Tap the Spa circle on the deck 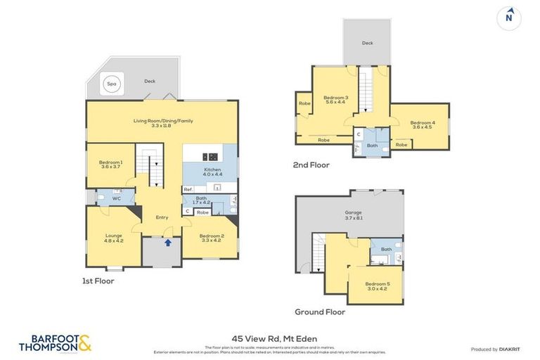[x=111, y=84]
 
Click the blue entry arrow [x=167, y=243]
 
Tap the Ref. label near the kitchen [x=188, y=190]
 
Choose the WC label [x=117, y=199]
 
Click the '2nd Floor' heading [x=311, y=165]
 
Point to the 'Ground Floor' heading [x=320, y=311]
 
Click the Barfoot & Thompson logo [x=55, y=342]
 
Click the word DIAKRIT [x=506, y=349]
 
